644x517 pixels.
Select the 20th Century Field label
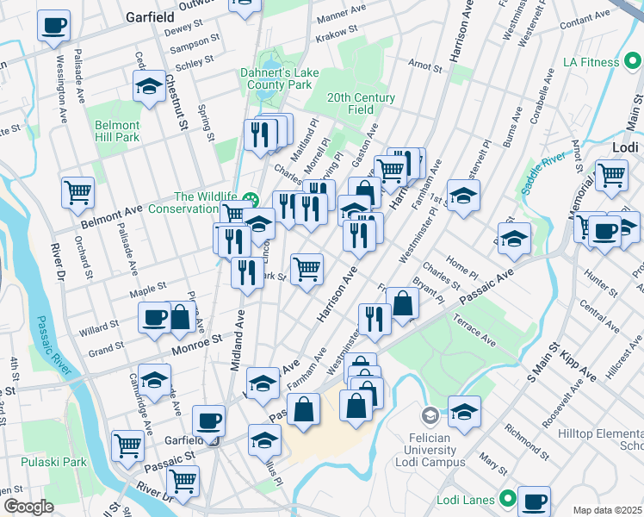point(361,103)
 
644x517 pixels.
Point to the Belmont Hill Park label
point(116,131)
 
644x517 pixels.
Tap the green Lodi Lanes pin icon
point(509,499)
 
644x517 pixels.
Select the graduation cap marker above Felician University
point(464,413)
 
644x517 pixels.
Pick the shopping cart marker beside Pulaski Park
point(128,445)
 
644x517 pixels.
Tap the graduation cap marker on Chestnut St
point(149,86)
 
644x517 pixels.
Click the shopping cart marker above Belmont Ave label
point(77,192)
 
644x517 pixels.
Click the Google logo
point(28,507)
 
